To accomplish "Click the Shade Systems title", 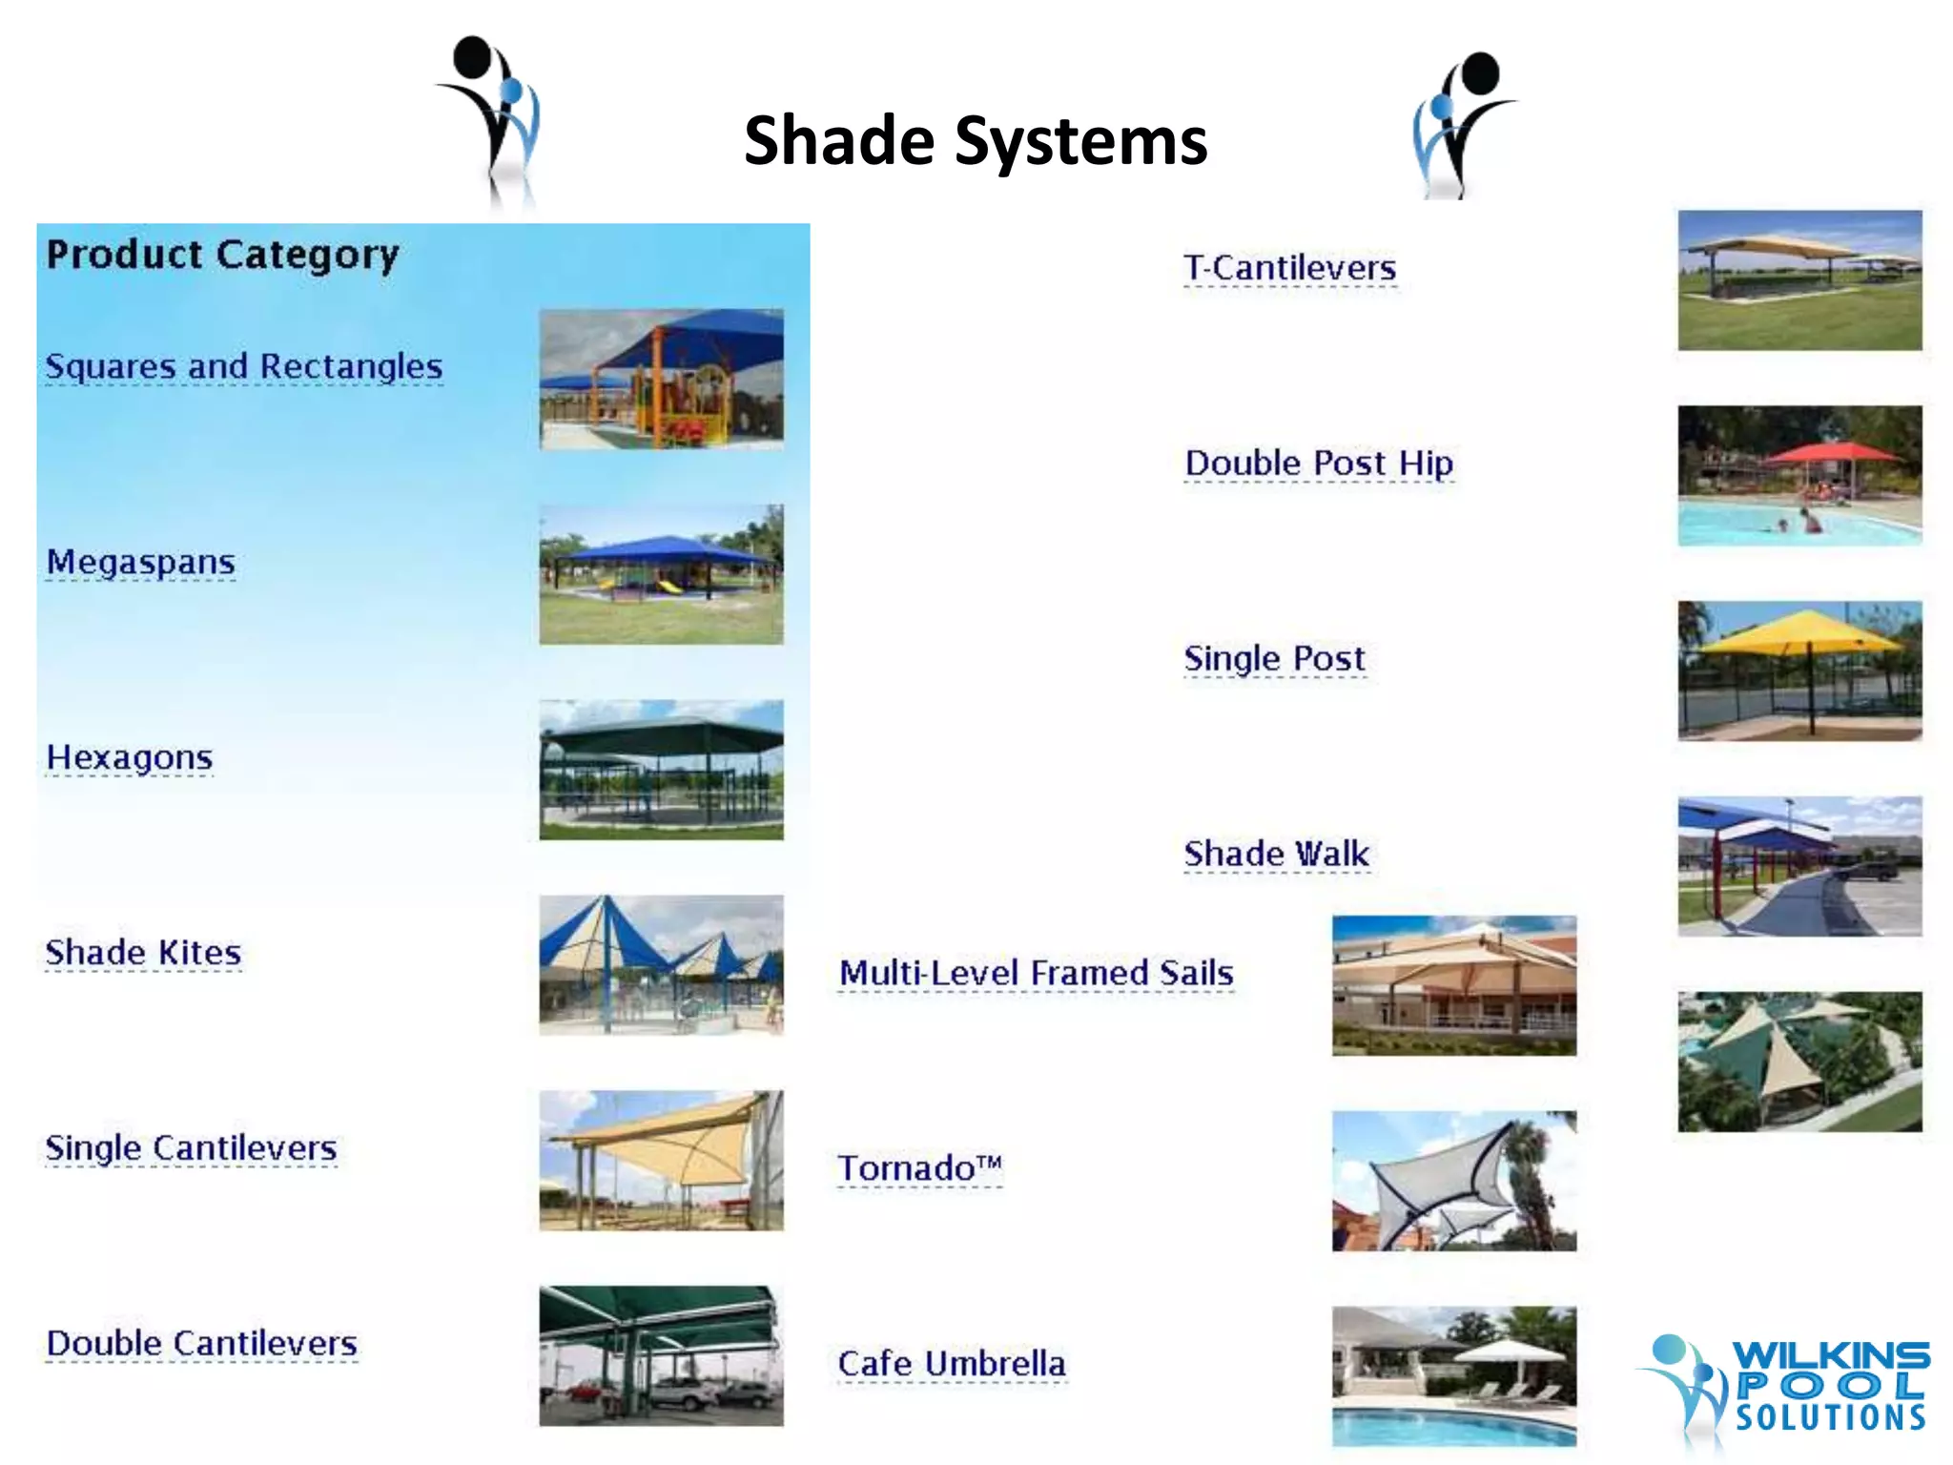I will click(x=975, y=140).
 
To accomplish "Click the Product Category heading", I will click(x=222, y=255).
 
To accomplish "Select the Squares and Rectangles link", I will click(x=244, y=366).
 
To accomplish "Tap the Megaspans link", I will click(x=141, y=562).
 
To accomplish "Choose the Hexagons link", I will click(x=130, y=757).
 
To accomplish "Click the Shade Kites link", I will click(x=143, y=953).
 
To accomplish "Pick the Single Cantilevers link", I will click(x=191, y=1147).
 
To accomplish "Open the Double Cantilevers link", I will click(x=201, y=1343).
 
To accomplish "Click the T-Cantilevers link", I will click(x=1289, y=268).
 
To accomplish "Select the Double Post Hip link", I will click(x=1319, y=464).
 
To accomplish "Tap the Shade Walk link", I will click(x=1276, y=854).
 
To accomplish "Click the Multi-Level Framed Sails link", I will click(x=1036, y=973).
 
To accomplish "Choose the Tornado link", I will click(x=919, y=1168).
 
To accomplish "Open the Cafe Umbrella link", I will click(x=952, y=1364).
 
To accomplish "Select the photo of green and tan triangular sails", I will click(x=1799, y=1062).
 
